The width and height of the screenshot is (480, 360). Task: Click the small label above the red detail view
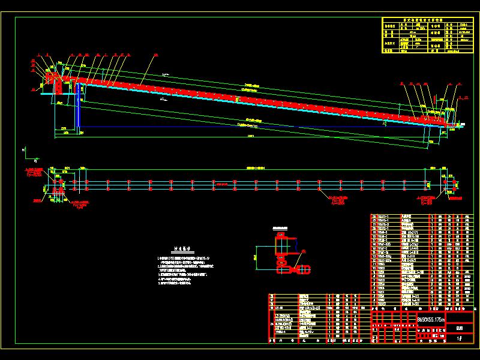point(280,229)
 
